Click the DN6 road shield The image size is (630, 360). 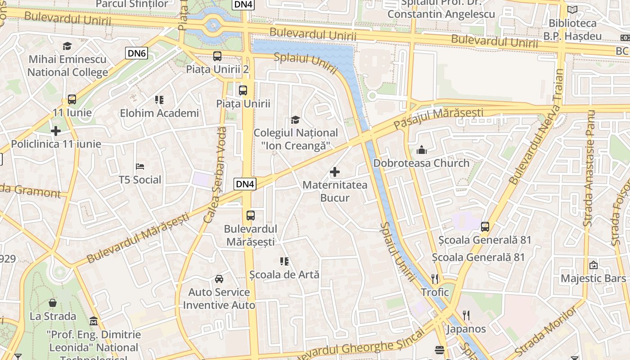pos(137,54)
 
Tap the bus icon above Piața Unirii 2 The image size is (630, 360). pos(217,56)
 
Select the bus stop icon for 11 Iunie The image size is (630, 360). pos(72,99)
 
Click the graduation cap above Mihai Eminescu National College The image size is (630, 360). pos(67,46)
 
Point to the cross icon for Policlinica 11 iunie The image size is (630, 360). pos(56,131)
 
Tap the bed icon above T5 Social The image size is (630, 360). pos(140,166)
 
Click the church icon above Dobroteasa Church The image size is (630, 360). pos(422,150)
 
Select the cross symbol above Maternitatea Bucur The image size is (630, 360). pos(335,171)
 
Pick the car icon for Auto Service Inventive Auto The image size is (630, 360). pos(219,279)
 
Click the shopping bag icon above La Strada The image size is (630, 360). pos(53,303)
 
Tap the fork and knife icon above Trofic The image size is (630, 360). pos(435,279)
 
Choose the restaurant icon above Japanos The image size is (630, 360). pos(466,315)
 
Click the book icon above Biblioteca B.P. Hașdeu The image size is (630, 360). pos(572,10)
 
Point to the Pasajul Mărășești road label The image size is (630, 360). pos(438,117)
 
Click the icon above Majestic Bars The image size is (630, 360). pos(593,265)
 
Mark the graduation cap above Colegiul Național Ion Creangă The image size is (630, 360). pos(295,120)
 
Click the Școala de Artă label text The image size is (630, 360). pos(284,274)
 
